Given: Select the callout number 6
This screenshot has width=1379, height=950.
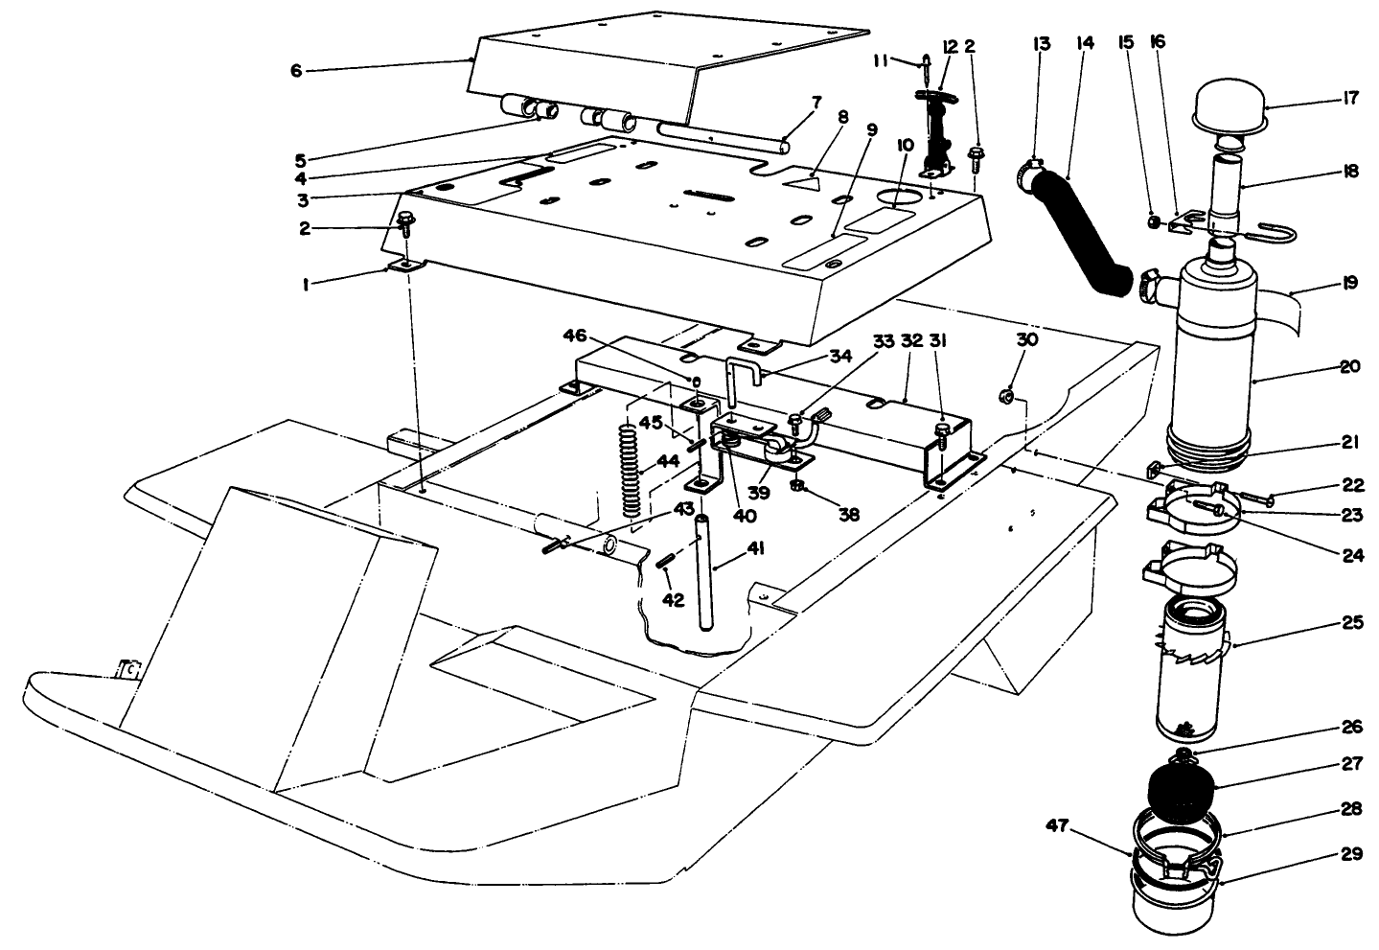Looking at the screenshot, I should (x=296, y=70).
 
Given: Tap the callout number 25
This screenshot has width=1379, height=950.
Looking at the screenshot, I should (x=1350, y=622).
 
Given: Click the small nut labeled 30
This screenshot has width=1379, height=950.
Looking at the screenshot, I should (x=1007, y=392).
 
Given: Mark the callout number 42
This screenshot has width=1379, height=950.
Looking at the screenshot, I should (x=675, y=600).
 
